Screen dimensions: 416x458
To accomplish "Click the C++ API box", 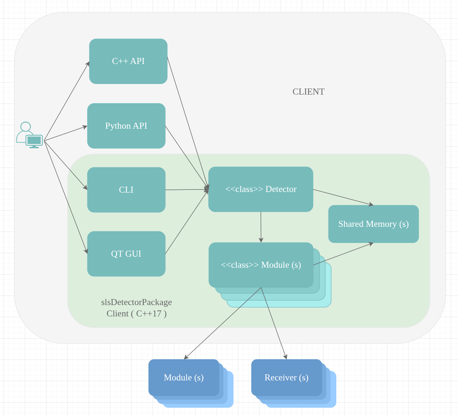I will click(128, 61).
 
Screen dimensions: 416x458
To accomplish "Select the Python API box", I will click(126, 126).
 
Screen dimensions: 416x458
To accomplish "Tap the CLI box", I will click(126, 190).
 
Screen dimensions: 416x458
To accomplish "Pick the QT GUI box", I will click(126, 254).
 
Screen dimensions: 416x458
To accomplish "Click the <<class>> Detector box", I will click(261, 189).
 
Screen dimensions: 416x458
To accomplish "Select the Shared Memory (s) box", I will click(373, 224).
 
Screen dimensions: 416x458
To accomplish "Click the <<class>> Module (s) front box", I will click(261, 265).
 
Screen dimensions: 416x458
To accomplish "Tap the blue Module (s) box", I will click(184, 378).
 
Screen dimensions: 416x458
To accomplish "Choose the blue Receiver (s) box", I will click(286, 378).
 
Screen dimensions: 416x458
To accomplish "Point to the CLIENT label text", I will click(308, 92).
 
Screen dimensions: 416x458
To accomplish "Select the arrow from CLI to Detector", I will click(186, 190).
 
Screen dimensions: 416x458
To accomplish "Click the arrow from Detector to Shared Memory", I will click(343, 197).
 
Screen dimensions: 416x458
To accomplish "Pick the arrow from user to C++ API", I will click(66, 101).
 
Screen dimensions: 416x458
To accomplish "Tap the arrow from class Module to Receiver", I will click(274, 323).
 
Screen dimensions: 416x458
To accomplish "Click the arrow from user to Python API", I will click(66, 133).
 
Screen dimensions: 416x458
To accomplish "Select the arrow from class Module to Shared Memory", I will click(343, 254).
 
